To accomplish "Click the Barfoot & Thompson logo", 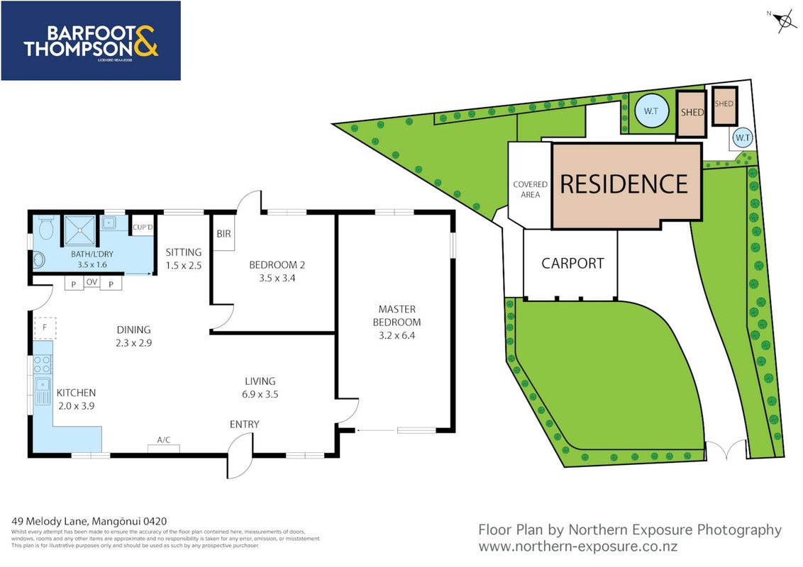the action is tap(91, 40).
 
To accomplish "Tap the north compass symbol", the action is tap(784, 21).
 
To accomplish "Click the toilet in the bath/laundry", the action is tap(46, 228).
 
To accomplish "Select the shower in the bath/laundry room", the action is tap(80, 230).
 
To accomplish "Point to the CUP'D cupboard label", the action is tap(143, 228).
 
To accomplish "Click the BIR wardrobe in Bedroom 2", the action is tap(223, 233).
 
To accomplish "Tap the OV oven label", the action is tap(92, 282).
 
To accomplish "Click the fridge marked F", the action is tap(45, 327).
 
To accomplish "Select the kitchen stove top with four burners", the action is tap(43, 364).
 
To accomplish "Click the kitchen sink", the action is tap(43, 390).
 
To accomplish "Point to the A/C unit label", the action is tap(164, 440).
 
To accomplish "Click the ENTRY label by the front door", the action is tap(244, 425).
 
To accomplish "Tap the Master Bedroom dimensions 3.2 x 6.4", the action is tap(397, 336).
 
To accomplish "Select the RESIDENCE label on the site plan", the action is tap(624, 184).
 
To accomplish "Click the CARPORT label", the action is tap(572, 264).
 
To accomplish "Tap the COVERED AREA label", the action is tap(530, 189).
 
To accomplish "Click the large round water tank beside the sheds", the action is tap(651, 111).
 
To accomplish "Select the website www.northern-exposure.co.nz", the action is tap(578, 546).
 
